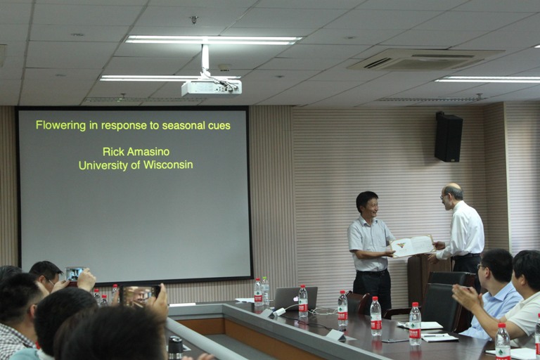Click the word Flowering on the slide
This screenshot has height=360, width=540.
(x=61, y=125)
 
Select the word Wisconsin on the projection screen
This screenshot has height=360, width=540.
(x=168, y=165)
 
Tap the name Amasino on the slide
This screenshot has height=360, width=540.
(x=148, y=152)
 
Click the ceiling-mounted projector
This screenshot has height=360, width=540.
(x=212, y=87)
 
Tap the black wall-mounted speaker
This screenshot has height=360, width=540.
(x=449, y=137)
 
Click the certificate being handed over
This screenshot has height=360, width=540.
(x=412, y=245)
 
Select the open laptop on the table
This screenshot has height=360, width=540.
(x=295, y=298)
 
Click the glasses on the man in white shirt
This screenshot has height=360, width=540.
(x=444, y=197)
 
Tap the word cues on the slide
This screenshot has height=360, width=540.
(x=219, y=126)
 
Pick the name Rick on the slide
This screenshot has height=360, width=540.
(x=112, y=152)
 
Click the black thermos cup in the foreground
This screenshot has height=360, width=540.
(x=175, y=348)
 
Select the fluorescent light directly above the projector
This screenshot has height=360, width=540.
(x=214, y=40)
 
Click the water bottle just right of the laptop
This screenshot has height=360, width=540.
(x=303, y=301)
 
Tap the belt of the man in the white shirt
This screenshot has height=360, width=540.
(x=466, y=256)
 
